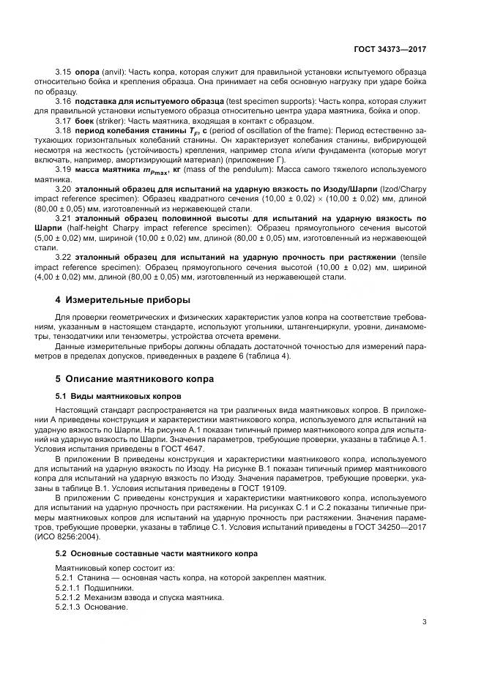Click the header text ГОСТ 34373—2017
point(388,49)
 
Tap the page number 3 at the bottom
point(424,622)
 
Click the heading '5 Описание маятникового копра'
point(130,378)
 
